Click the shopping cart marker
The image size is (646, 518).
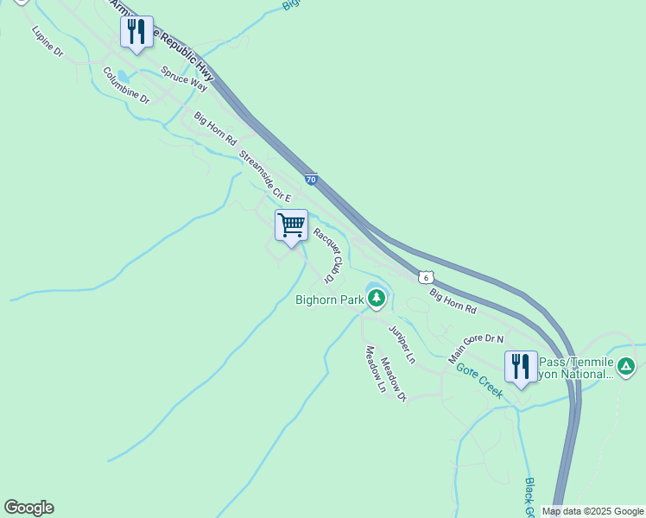[x=291, y=226]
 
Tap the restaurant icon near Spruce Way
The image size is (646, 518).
[x=136, y=33]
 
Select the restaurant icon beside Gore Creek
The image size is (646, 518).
[x=521, y=367]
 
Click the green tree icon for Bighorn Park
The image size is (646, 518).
[x=376, y=299]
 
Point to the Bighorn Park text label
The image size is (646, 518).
[x=328, y=300]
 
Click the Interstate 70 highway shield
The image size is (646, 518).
[x=311, y=180]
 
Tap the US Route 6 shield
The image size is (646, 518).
[x=425, y=277]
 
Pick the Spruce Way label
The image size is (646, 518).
[x=184, y=79]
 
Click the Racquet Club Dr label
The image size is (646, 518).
[x=329, y=254]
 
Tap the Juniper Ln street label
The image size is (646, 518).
[x=402, y=344]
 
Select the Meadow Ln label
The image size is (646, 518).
[x=375, y=369]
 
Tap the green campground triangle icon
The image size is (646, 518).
[x=627, y=367]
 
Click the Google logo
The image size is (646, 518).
[x=28, y=508]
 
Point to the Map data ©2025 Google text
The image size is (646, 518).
[x=592, y=511]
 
